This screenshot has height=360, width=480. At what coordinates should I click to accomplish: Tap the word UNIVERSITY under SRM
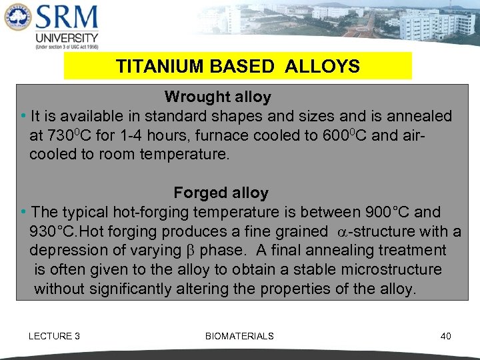pyautogui.click(x=67, y=38)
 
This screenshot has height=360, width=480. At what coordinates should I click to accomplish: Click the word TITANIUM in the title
pyautogui.click(x=151, y=67)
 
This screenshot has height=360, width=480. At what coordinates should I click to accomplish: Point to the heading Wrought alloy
pyautogui.click(x=217, y=97)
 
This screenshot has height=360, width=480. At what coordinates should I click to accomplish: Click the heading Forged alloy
pyautogui.click(x=221, y=193)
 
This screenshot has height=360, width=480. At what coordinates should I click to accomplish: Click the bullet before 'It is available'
pyautogui.click(x=23, y=117)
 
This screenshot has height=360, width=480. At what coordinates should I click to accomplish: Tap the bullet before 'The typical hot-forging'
pyautogui.click(x=23, y=213)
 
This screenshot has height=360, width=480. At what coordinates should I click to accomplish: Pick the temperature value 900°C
pyautogui.click(x=388, y=213)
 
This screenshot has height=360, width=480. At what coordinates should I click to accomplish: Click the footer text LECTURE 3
pyautogui.click(x=54, y=336)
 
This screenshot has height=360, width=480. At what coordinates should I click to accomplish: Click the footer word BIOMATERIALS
pyautogui.click(x=239, y=336)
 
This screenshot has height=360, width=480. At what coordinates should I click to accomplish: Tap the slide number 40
pyautogui.click(x=445, y=336)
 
